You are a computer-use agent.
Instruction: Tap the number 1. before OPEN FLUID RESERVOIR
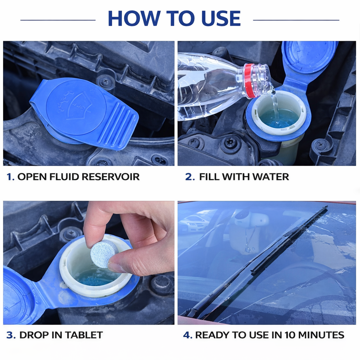pos(10,177)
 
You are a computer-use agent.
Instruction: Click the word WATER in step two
pos(271,177)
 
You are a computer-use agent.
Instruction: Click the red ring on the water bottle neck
pos(250,81)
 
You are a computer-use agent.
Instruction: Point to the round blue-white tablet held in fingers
pos(104,253)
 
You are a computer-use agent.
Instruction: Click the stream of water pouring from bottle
pos(275,107)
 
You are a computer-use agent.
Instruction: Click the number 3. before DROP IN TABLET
pos(11,335)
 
